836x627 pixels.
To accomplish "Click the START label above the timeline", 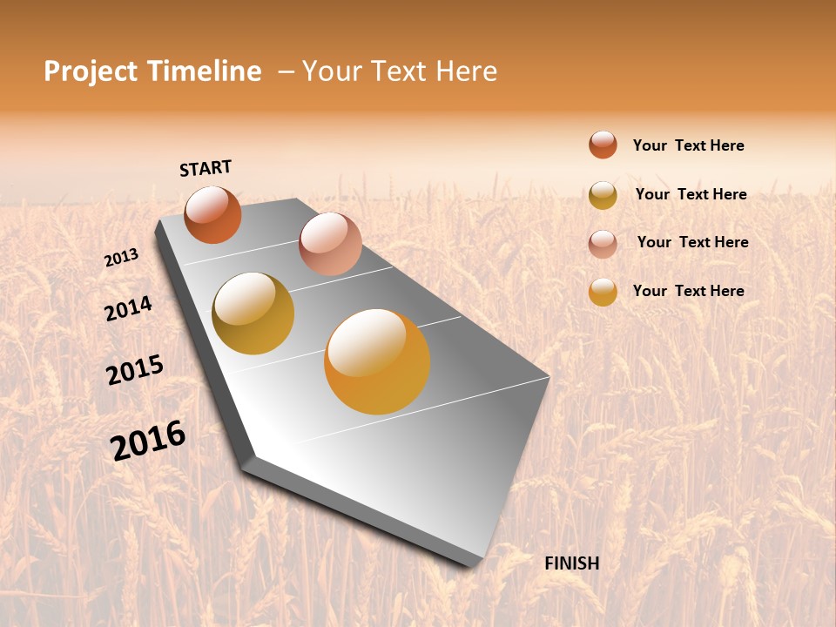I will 206,168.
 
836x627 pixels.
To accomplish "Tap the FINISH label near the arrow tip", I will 571,563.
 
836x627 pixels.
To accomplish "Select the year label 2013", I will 121,258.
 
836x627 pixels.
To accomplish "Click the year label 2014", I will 128,308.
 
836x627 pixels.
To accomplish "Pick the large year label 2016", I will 148,441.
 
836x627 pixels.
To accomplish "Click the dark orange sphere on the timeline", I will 212,214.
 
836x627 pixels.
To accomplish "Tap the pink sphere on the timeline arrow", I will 330,243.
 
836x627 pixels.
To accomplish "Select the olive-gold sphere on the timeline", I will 253,313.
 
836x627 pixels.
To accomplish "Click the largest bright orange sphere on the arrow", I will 376,361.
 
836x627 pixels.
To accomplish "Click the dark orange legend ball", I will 603,145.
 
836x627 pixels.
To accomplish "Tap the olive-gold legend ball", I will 603,194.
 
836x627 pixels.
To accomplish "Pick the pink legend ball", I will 603,243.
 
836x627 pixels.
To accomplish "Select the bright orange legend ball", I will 603,291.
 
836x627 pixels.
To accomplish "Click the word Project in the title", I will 91,71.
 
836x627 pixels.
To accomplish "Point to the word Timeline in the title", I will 204,71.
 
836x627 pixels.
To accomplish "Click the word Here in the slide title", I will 466,71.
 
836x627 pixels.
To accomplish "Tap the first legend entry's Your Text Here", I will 688,145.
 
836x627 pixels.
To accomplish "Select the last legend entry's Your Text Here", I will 688,291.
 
